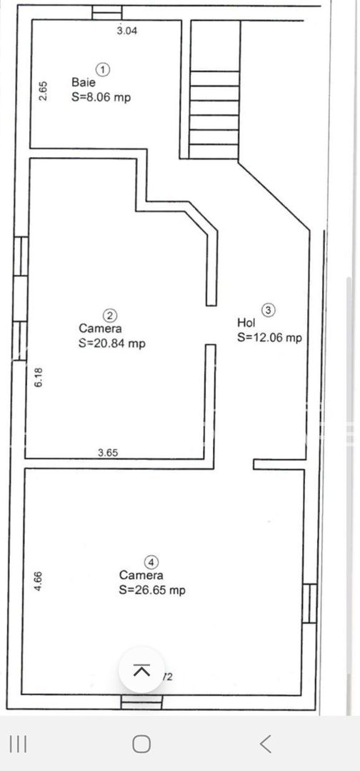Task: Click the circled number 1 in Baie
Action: click(x=104, y=69)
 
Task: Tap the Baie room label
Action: click(x=83, y=83)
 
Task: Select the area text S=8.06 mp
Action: click(x=101, y=97)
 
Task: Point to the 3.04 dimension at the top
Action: click(x=127, y=30)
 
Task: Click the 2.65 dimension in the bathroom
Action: click(x=43, y=91)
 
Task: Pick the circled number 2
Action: click(x=110, y=315)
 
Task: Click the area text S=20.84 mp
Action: click(x=111, y=343)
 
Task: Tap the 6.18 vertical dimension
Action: click(x=39, y=377)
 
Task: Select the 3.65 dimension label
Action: click(x=108, y=452)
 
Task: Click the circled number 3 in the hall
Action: click(x=268, y=310)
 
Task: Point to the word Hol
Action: click(x=246, y=323)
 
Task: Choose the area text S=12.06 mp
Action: click(x=269, y=338)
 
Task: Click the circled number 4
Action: click(x=150, y=561)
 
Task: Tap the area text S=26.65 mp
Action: click(x=152, y=590)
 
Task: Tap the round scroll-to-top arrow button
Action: click(x=141, y=670)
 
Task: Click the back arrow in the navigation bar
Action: click(x=265, y=744)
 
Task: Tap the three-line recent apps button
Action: click(x=19, y=744)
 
